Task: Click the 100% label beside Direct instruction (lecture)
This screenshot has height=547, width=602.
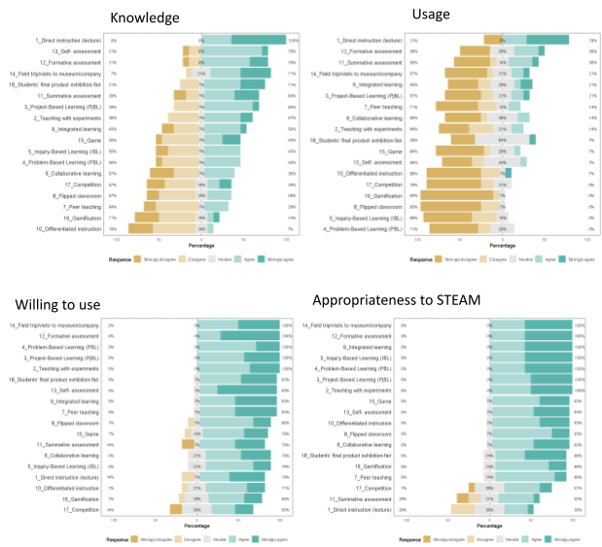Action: (x=293, y=41)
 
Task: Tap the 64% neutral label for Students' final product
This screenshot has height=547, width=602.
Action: (x=502, y=138)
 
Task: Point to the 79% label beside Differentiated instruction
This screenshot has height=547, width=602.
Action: (x=113, y=229)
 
